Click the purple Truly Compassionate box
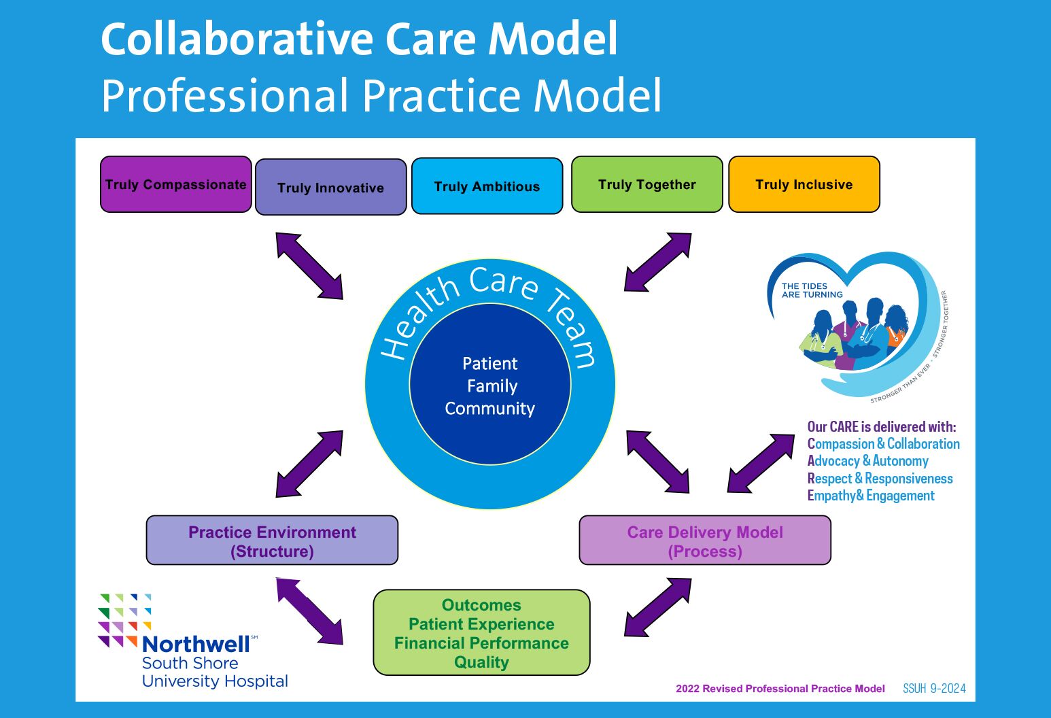[176, 184]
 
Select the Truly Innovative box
[330, 188]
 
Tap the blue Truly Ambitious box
[487, 186]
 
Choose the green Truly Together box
[647, 184]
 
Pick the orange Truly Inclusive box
[804, 184]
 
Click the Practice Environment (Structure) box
[272, 541]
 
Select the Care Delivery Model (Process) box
[704, 541]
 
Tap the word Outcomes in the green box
[481, 605]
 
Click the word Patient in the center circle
[490, 364]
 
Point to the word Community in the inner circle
[490, 409]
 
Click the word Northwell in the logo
[196, 644]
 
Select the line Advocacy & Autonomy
[867, 461]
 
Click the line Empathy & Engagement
[871, 496]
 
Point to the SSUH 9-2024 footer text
[934, 689]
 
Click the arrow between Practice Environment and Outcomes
[309, 611]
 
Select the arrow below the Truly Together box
[657, 262]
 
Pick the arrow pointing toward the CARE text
[761, 463]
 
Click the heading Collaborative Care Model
[359, 39]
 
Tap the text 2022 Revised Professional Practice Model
[780, 689]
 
